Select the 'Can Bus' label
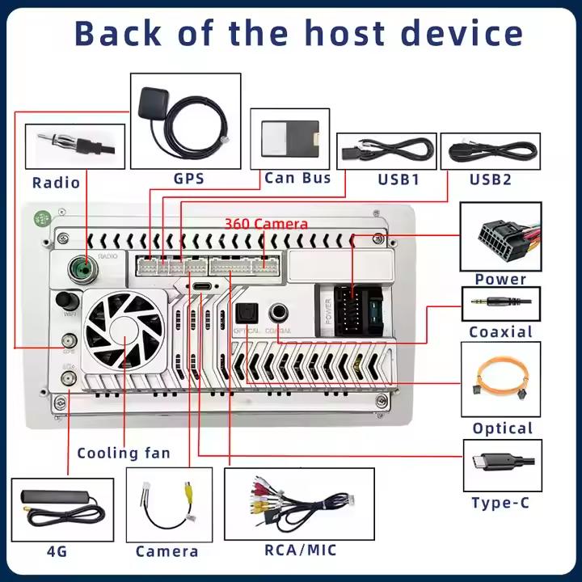click(297, 178)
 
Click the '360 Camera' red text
click(266, 224)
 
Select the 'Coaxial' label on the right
click(500, 331)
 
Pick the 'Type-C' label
click(500, 503)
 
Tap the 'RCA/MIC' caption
click(300, 550)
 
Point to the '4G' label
click(57, 552)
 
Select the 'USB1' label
click(399, 179)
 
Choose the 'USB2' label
click(490, 179)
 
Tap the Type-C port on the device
click(200, 287)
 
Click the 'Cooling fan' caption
click(124, 453)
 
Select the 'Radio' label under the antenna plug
click(56, 183)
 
